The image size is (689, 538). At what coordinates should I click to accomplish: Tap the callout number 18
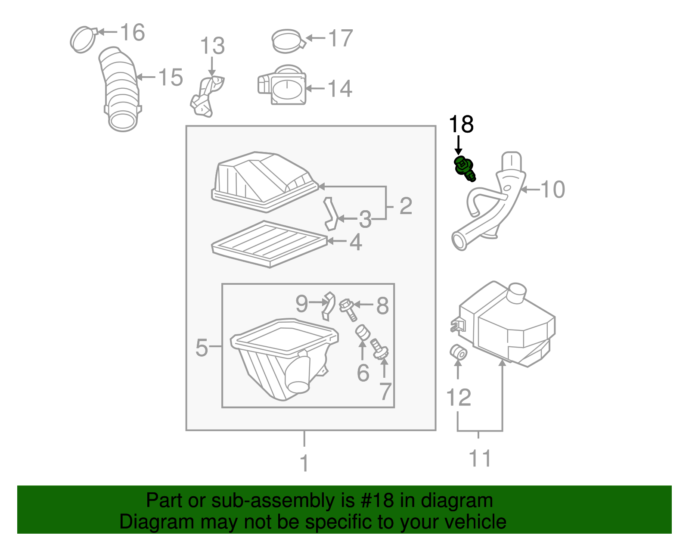click(x=461, y=124)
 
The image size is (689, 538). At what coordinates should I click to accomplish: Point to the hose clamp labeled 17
click(x=287, y=41)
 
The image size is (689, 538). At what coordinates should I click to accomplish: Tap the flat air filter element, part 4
click(x=269, y=243)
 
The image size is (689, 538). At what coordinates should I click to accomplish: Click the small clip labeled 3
click(x=331, y=214)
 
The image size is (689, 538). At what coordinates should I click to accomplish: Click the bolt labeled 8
click(x=348, y=310)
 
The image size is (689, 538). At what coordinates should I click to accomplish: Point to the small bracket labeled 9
click(x=328, y=305)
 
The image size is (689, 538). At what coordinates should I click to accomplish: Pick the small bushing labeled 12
click(x=458, y=353)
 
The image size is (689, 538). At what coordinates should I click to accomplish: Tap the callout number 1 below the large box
click(x=304, y=463)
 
